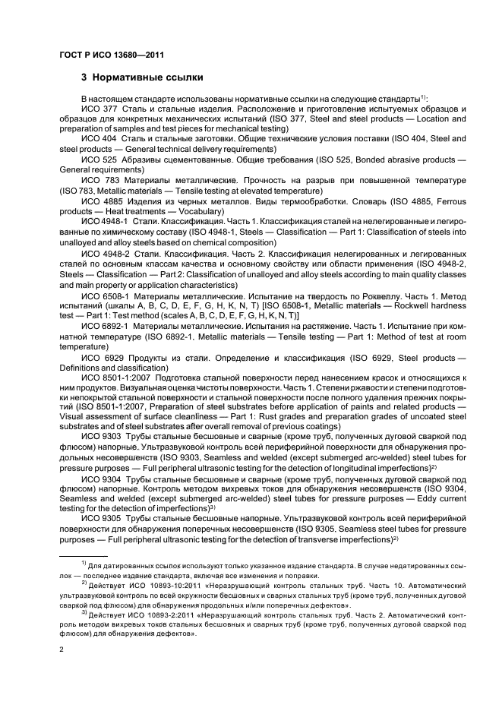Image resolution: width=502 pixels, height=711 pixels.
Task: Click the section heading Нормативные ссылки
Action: click(141, 77)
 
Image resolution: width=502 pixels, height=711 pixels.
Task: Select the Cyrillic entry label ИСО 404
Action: click(97, 139)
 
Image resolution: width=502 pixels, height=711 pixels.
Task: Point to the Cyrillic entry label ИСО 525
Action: click(97, 160)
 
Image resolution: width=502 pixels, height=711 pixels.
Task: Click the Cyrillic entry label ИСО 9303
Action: click(99, 438)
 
